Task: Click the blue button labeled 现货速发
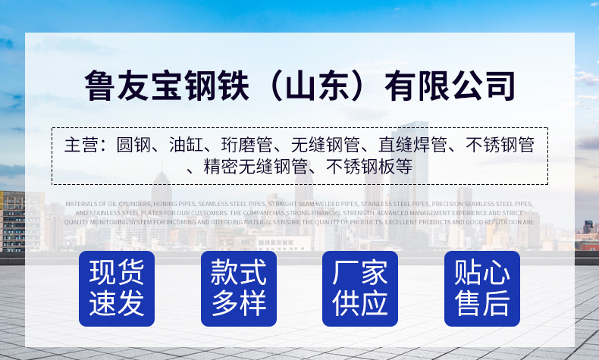pos(117,289)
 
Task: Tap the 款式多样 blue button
pos(239,289)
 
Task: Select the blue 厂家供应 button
pos(360,289)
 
